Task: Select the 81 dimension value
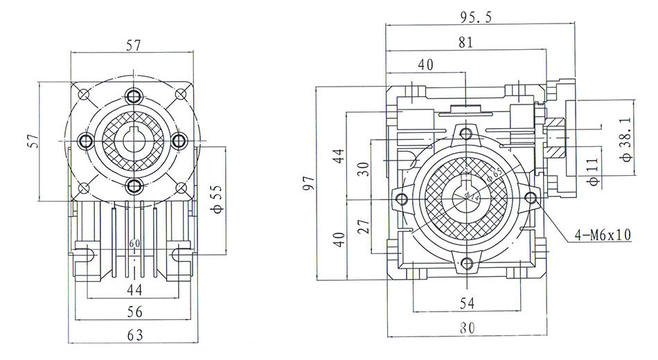(x=465, y=42)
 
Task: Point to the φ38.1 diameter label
(x=627, y=139)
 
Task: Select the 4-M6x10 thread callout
(x=602, y=235)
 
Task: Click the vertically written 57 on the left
(x=31, y=141)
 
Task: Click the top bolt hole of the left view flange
(x=134, y=96)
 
